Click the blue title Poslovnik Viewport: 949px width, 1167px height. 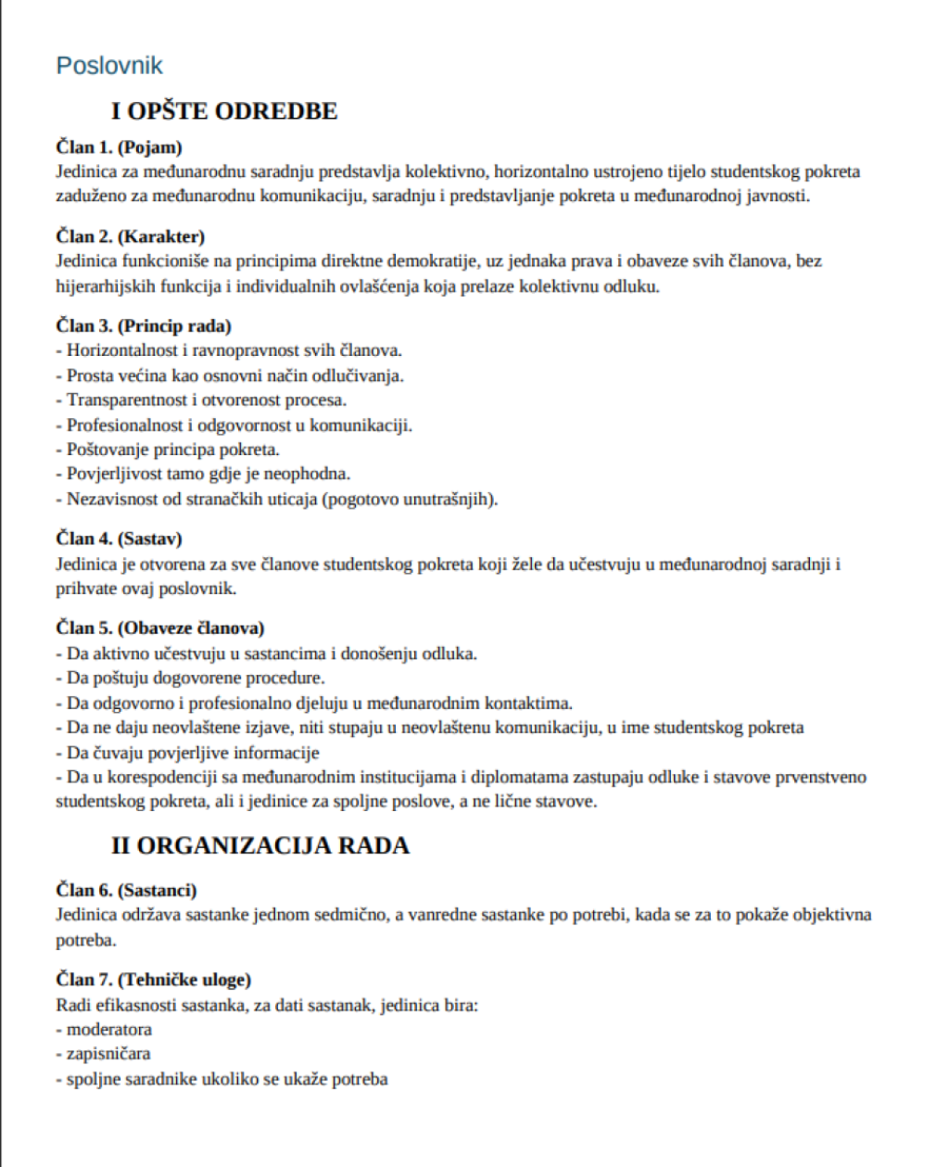[109, 66]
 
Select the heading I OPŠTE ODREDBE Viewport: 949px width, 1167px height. [224, 111]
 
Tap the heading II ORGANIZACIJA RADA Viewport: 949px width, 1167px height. [260, 845]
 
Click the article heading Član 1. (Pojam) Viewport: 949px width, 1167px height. [119, 147]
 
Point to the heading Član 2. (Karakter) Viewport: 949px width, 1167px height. [130, 236]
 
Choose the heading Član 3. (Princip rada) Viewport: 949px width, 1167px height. [144, 325]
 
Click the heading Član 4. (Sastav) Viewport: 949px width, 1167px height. [119, 539]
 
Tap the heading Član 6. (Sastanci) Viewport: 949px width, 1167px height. [126, 890]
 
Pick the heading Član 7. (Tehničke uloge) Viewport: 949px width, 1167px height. [153, 979]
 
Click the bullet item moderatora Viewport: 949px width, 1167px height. [108, 1029]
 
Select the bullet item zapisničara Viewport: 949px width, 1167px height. [108, 1054]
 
